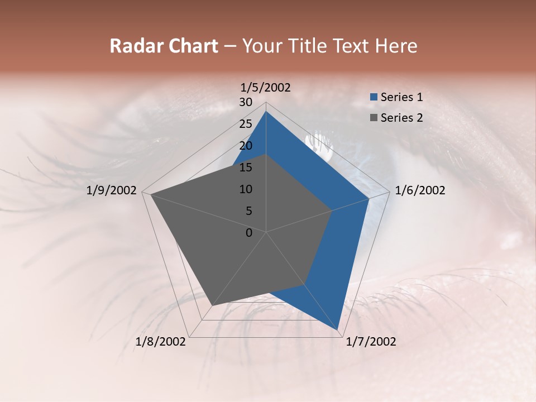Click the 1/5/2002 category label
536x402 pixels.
tap(266, 88)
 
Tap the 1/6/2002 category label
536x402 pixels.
tap(420, 190)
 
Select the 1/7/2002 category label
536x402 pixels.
tap(371, 342)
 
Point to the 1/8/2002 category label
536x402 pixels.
tap(161, 342)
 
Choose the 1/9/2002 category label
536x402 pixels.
tap(112, 190)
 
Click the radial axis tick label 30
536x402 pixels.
tap(246, 102)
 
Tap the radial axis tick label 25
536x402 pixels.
tap(246, 124)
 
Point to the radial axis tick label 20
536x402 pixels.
tap(246, 146)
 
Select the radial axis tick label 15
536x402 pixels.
tap(246, 167)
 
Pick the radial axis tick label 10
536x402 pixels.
tap(246, 189)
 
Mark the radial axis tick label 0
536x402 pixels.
tap(249, 233)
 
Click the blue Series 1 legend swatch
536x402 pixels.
tap(374, 97)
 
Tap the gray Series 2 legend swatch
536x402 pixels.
tap(374, 118)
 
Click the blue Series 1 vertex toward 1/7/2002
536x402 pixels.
tap(338, 329)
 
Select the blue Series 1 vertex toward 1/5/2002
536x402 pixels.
tap(266, 111)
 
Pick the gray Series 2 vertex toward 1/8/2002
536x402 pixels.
tap(212, 305)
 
